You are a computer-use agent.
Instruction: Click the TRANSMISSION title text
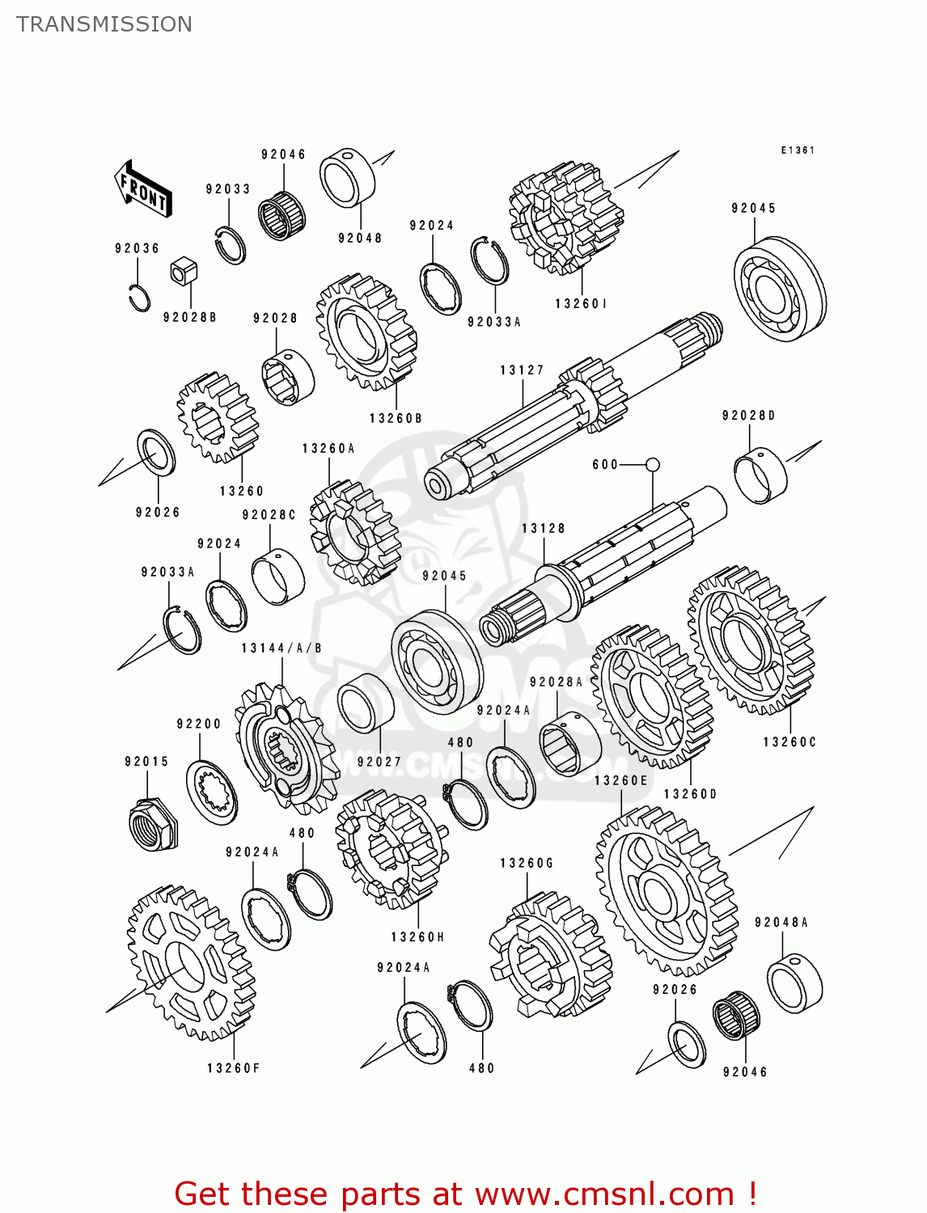pos(104,24)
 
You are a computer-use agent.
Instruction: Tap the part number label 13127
pos(522,370)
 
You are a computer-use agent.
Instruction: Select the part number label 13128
pos(543,529)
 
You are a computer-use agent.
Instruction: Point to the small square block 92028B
pos(184,271)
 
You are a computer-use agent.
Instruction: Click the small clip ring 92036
pos(139,298)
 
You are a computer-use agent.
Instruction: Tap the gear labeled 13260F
pos(191,962)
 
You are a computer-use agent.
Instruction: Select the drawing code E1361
pos(798,150)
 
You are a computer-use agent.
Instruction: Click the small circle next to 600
pos(653,464)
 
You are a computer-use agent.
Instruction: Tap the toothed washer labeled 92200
pos(212,792)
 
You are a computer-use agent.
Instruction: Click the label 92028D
pos(748,416)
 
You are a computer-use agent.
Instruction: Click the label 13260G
pos(527,864)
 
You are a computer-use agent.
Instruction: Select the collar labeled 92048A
pos(794,983)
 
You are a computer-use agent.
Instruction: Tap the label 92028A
pos(556,683)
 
